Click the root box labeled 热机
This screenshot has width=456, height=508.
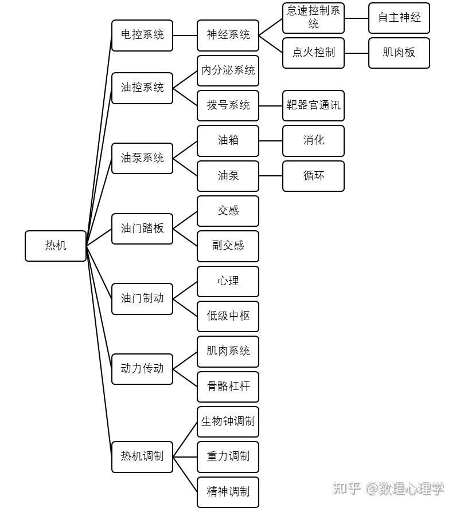pyautogui.click(x=56, y=246)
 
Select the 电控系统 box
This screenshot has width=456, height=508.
pyautogui.click(x=142, y=36)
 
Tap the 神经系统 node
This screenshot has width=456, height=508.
pyautogui.click(x=228, y=36)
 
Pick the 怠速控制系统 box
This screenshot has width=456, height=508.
pyautogui.click(x=313, y=18)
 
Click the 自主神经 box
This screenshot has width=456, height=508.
pyautogui.click(x=399, y=18)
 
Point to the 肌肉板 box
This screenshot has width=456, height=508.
pyautogui.click(x=399, y=53)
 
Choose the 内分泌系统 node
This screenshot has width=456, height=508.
pyautogui.click(x=228, y=70)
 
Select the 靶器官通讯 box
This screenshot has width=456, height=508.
pyautogui.click(x=313, y=105)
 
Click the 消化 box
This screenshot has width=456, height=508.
pyautogui.click(x=313, y=141)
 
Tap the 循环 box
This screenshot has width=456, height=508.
pyautogui.click(x=313, y=176)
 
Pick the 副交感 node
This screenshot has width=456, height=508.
pyautogui.click(x=228, y=246)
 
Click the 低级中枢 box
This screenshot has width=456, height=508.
pyautogui.click(x=228, y=316)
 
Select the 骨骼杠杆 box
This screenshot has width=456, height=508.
pyautogui.click(x=228, y=387)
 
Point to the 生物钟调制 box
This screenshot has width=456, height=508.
pyautogui.click(x=228, y=422)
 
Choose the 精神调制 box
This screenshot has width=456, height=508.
pyautogui.click(x=228, y=492)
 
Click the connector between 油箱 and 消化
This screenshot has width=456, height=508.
pyautogui.click(x=271, y=141)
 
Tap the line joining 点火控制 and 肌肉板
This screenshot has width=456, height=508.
pyautogui.click(x=356, y=53)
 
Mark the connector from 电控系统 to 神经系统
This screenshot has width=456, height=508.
pyautogui.click(x=185, y=36)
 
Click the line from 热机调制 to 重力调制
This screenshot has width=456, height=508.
pyautogui.click(x=185, y=457)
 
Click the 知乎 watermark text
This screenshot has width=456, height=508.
pyautogui.click(x=346, y=488)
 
